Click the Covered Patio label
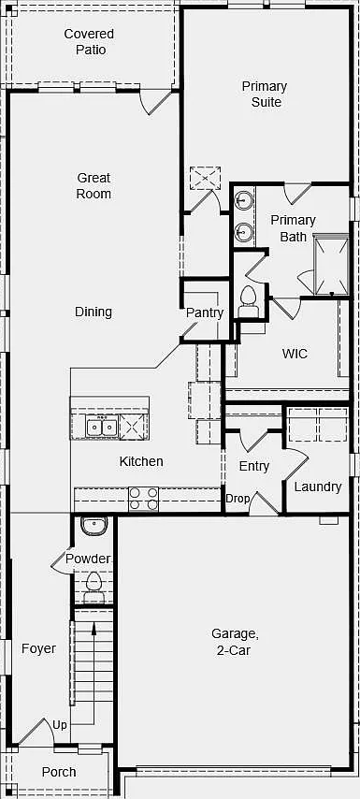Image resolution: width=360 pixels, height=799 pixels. [89, 42]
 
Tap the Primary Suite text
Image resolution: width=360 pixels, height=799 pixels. [265, 94]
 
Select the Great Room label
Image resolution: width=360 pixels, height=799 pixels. [94, 186]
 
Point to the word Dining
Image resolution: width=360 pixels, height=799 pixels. [94, 312]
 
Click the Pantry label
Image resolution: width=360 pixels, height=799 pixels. [204, 312]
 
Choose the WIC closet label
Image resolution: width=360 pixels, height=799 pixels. [295, 354]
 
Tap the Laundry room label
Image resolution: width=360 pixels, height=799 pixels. [318, 487]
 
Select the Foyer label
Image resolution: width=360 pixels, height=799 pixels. [38, 648]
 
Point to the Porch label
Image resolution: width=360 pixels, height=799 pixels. [59, 772]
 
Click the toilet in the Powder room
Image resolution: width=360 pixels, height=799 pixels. [94, 587]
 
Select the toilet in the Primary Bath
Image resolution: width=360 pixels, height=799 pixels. [248, 301]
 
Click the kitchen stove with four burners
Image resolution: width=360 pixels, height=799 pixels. [144, 499]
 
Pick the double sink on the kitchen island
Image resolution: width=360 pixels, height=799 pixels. [102, 426]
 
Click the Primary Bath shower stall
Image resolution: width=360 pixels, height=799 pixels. [332, 264]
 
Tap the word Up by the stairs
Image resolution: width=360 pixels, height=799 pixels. [60, 724]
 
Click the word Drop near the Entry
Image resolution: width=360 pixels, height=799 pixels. [238, 499]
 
